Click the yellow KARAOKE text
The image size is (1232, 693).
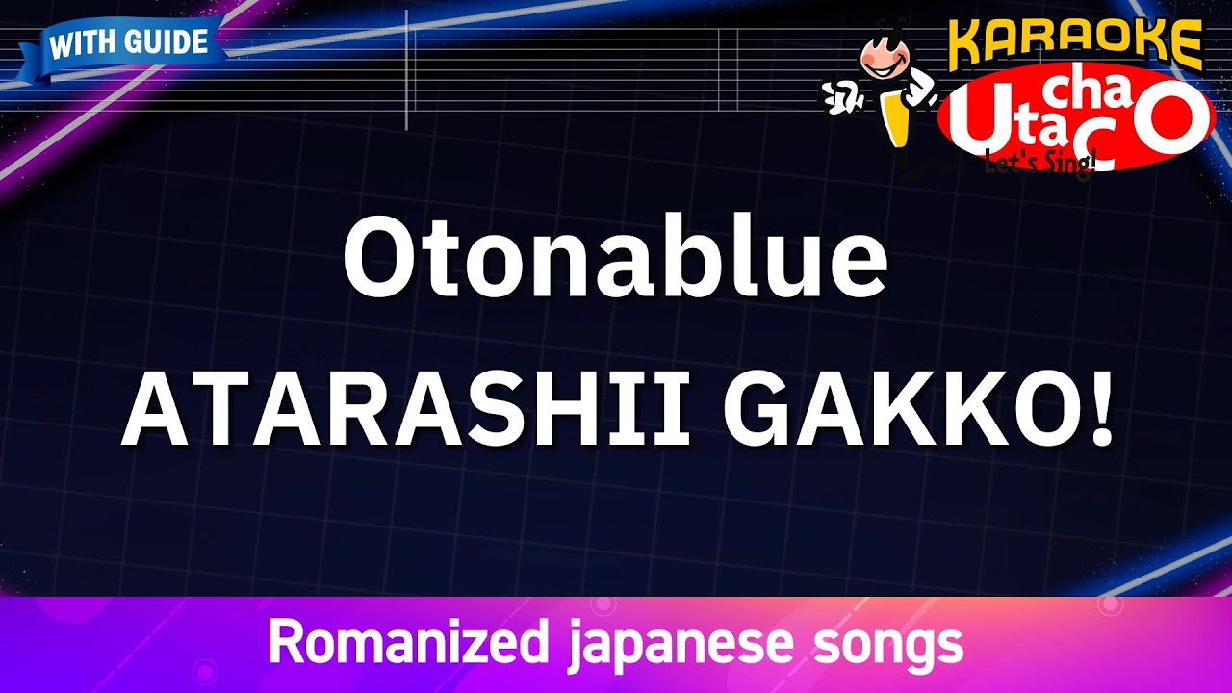click(1074, 44)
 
